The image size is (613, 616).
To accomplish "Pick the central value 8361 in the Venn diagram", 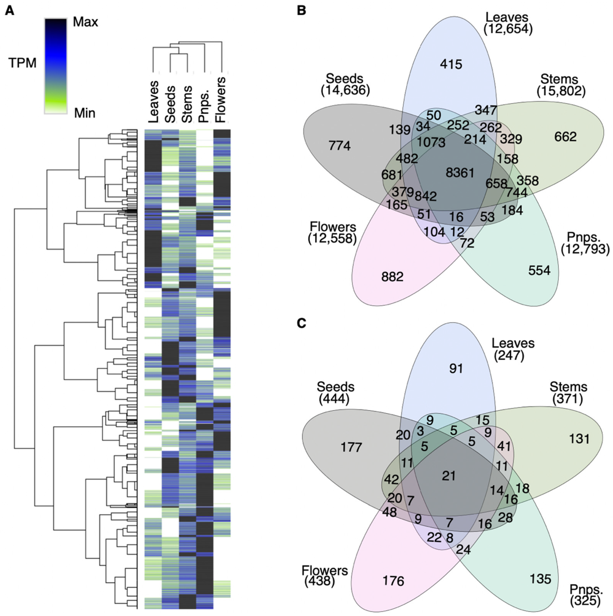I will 460,173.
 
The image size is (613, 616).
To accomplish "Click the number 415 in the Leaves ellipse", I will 451,64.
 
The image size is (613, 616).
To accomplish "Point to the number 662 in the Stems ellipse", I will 565,137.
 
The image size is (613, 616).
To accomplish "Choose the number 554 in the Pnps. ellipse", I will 539,270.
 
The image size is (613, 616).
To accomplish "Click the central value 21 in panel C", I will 449,476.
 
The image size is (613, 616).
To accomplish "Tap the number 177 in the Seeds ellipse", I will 351,447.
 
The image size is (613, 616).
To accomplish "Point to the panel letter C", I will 301,323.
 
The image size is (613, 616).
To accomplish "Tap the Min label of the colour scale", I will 84,113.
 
